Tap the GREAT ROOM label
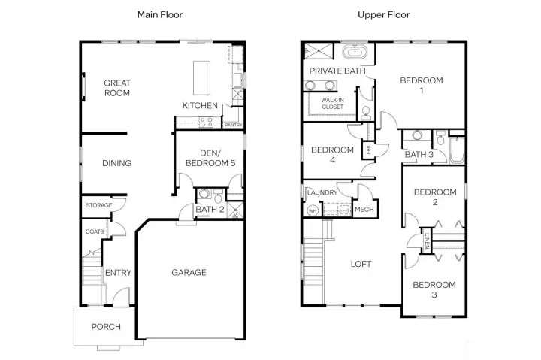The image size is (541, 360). [x=116, y=88]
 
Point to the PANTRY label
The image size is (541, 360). [x=233, y=125]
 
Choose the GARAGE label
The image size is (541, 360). [x=189, y=272]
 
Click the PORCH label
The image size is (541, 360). [x=106, y=327]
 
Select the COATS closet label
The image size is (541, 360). [x=95, y=231]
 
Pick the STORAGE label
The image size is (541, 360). [x=98, y=205]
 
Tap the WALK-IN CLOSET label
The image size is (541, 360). [x=332, y=103]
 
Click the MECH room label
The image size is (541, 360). [x=364, y=210]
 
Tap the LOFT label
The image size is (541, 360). [x=361, y=264]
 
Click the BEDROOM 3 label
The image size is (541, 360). [x=434, y=289]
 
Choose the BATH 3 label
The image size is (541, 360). [x=419, y=155]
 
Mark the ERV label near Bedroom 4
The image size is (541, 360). [x=368, y=151]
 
